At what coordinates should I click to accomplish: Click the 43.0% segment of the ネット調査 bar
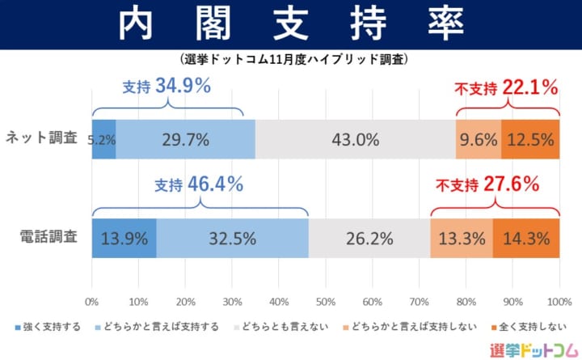(x=356, y=139)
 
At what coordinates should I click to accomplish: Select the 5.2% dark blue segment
(x=103, y=139)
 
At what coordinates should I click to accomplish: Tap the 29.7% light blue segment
(x=185, y=139)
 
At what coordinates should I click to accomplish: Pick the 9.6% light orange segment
(x=479, y=139)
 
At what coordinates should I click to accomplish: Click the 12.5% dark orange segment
(x=530, y=139)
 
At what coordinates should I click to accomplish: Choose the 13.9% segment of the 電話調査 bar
(x=124, y=239)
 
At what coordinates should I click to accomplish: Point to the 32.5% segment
(x=232, y=239)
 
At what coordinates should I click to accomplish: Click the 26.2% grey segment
(x=369, y=239)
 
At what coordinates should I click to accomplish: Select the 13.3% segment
(x=462, y=239)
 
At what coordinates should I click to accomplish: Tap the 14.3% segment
(x=526, y=239)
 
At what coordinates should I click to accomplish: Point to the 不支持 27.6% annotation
(x=487, y=185)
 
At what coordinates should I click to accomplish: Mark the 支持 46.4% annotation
(x=199, y=185)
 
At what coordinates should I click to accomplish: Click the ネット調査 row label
(x=41, y=138)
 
